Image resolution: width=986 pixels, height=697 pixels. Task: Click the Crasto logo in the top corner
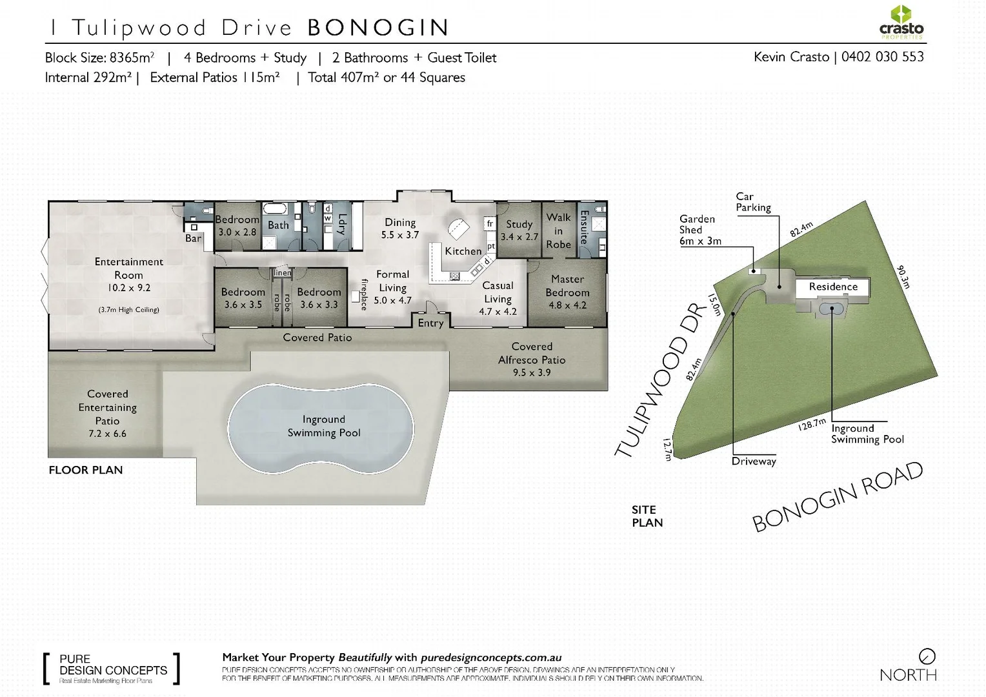pos(901,22)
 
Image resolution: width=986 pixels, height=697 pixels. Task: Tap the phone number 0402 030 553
pos(882,57)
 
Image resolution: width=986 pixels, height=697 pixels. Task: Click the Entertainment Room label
pos(128,268)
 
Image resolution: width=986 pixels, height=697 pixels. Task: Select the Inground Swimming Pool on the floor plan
pos(323,427)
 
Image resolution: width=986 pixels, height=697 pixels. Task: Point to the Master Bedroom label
pos(567,286)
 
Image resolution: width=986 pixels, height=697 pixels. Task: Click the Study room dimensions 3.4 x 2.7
pos(519,237)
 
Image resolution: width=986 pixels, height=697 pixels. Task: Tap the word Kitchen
pos(463,251)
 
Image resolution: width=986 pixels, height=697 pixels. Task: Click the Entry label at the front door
pos(430,323)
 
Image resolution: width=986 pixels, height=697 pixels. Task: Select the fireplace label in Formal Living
pos(364,295)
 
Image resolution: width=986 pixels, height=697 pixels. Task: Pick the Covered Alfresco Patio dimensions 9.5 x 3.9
pos(532,372)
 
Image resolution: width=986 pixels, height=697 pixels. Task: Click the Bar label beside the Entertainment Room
pos(193,238)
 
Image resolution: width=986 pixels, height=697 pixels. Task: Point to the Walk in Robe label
pos(558,231)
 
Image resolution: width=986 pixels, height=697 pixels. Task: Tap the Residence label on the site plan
pos(833,287)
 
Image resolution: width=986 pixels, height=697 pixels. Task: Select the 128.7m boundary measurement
pos(812,424)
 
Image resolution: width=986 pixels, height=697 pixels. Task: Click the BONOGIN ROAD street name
pos(838,497)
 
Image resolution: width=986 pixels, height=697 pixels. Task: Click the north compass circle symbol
pos(927,656)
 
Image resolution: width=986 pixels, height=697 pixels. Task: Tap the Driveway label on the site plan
pos(754,461)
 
